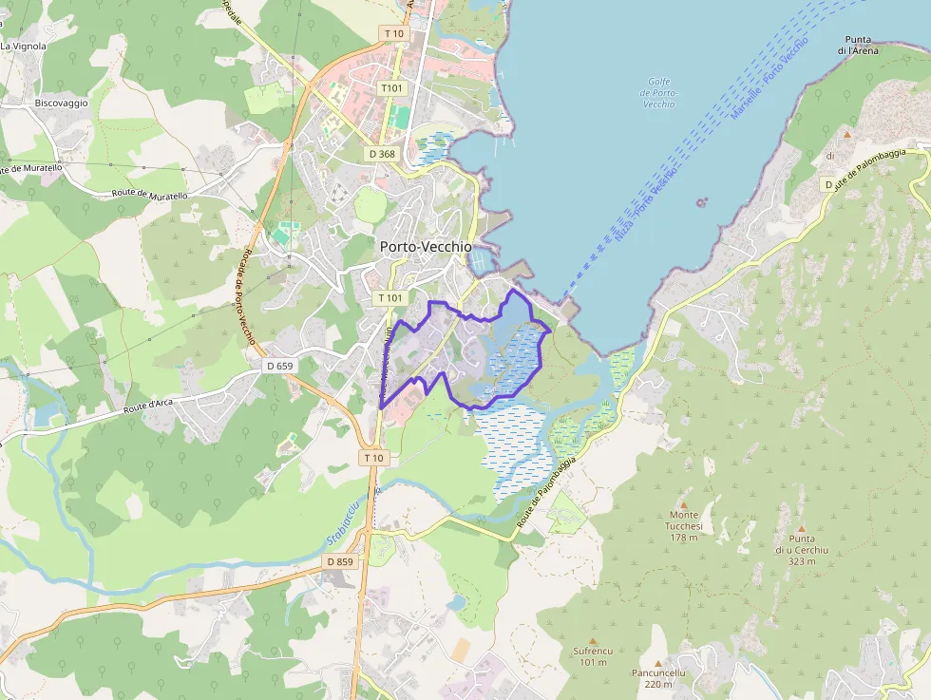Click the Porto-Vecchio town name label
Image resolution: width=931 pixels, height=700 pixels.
click(426, 246)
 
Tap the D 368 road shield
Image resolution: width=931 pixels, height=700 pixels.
click(381, 153)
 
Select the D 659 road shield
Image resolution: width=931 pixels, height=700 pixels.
click(280, 366)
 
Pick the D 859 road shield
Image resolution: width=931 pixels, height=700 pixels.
click(340, 561)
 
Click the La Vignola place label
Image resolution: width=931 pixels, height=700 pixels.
click(23, 45)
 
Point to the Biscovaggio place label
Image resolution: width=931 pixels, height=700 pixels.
click(61, 103)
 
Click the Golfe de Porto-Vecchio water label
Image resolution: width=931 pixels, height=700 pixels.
click(657, 93)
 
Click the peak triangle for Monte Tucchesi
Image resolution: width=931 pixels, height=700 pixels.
click(683, 503)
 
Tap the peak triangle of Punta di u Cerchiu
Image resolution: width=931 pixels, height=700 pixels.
click(801, 528)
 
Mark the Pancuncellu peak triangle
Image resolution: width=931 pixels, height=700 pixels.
click(658, 662)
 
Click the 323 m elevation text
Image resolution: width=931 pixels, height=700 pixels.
click(802, 560)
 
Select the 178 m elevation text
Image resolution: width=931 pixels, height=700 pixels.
click(684, 538)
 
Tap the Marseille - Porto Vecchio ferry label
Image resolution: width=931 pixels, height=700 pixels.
click(769, 78)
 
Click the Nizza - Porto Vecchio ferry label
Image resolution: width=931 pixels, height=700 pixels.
click(646, 204)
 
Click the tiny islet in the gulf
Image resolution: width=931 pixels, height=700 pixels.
click(701, 201)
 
